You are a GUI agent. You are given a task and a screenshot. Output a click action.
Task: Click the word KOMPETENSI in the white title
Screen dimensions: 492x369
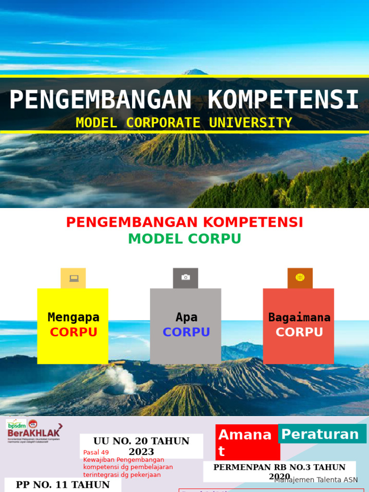point(283,100)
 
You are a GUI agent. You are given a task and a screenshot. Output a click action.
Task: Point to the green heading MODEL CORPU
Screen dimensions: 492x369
point(184,239)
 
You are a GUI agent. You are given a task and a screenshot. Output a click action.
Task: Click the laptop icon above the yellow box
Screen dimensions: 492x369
point(74,278)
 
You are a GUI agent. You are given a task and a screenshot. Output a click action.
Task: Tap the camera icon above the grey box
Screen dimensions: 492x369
point(185,278)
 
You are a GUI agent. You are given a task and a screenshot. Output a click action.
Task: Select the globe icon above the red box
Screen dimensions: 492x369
point(300,278)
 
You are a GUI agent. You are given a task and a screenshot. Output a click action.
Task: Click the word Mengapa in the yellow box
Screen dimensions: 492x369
point(74,317)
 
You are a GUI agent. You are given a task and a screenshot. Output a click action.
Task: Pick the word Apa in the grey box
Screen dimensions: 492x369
point(186,317)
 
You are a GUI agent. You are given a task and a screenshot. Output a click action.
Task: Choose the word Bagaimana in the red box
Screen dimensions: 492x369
point(299,317)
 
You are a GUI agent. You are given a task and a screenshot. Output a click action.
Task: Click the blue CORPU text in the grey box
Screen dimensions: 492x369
point(186,332)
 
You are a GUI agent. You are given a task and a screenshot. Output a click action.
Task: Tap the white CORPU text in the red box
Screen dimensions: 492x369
point(299,332)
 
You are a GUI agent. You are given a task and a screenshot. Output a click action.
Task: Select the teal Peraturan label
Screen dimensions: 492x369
point(320,434)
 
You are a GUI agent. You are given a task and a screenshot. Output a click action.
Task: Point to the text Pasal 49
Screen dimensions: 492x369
point(96,453)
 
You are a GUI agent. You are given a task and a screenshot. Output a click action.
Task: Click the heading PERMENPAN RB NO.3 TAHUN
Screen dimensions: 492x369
point(279,467)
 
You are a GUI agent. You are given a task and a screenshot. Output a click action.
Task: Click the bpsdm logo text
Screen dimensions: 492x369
point(16,425)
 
